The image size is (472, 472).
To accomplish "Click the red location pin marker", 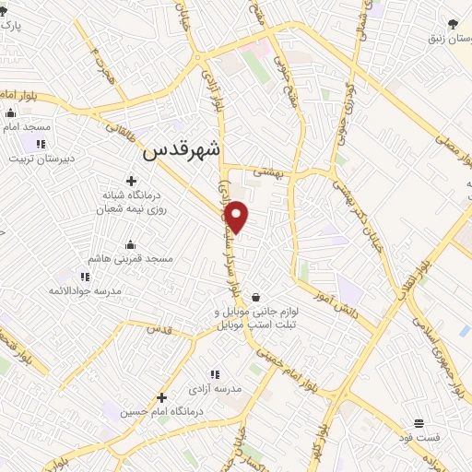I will pyautogui.click(x=238, y=216).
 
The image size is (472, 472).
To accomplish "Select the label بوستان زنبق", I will pyautogui.click(x=446, y=41).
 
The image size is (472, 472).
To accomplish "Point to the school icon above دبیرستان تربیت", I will pyautogui.click(x=41, y=143).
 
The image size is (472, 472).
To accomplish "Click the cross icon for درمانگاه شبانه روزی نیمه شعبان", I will pyautogui.click(x=131, y=181).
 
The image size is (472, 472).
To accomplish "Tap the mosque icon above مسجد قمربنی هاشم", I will pyautogui.click(x=130, y=244).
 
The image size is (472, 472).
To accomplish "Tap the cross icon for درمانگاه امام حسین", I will pyautogui.click(x=160, y=396).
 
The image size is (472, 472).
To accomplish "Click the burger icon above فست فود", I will pyautogui.click(x=419, y=422).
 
